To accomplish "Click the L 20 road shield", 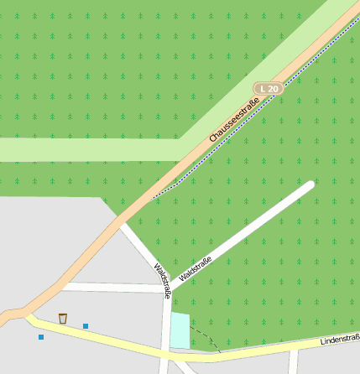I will [x=269, y=88].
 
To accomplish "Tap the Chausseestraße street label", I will [x=233, y=119].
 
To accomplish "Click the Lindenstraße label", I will [x=340, y=340].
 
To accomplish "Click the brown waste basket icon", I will [x=63, y=318].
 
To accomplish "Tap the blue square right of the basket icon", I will [x=86, y=325].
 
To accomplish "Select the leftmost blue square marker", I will [x=41, y=337].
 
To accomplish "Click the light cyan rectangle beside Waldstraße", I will [x=180, y=330].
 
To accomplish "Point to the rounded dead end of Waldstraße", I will [x=310, y=185].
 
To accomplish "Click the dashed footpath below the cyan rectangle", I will [x=206, y=336].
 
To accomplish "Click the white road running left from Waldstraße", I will [x=109, y=287].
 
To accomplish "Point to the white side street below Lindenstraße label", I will [x=293, y=362].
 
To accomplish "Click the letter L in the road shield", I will [x=263, y=88].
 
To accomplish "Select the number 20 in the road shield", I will [x=273, y=88].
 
